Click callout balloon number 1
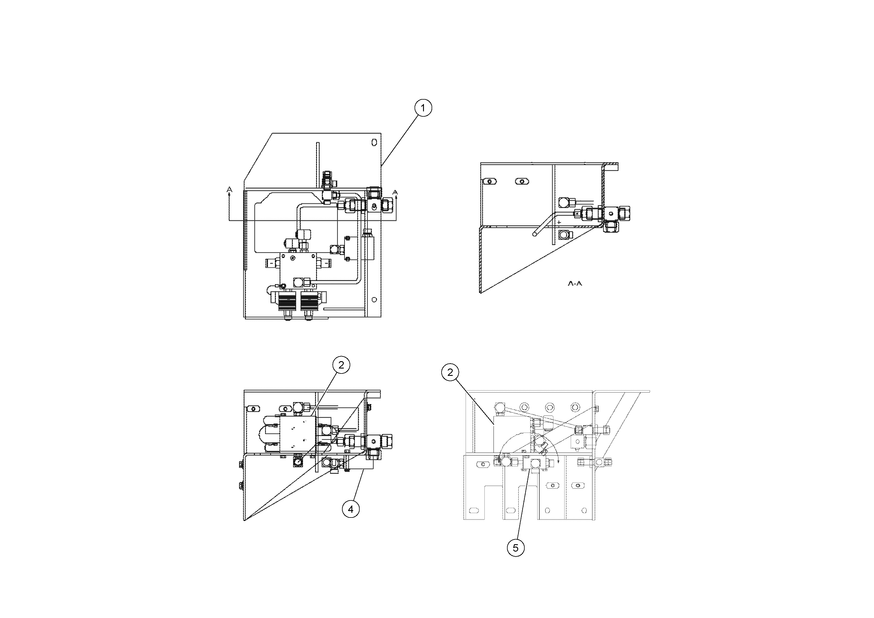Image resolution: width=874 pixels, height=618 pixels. (x=423, y=108)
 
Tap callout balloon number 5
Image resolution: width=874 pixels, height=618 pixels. (x=516, y=548)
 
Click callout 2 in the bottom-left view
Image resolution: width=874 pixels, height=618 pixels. (x=341, y=365)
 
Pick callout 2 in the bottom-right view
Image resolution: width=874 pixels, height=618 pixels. (x=450, y=372)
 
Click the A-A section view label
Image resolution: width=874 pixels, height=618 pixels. (x=575, y=284)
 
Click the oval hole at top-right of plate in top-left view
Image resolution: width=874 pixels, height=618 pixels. (x=374, y=142)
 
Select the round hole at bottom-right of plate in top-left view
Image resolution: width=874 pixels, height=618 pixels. (x=374, y=299)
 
